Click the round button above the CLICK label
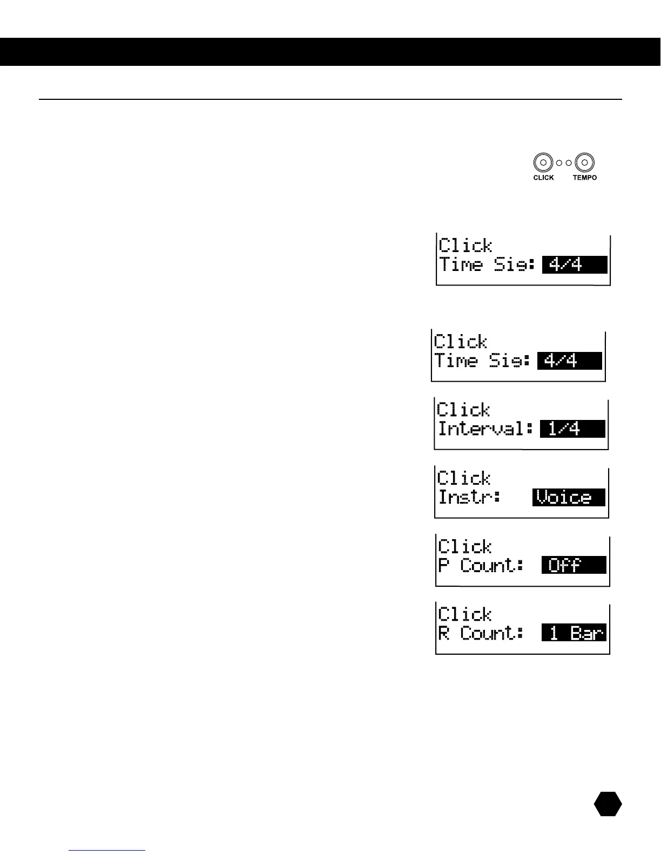point(543,162)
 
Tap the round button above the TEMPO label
point(585,162)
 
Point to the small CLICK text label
point(543,178)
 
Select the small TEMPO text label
point(585,178)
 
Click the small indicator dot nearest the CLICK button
point(559,162)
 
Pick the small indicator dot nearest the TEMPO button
point(569,162)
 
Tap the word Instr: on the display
point(469,497)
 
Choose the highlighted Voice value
point(569,497)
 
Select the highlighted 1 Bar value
point(574,633)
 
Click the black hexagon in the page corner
point(608,804)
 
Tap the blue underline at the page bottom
point(107,851)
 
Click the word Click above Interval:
point(463,410)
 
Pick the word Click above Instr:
point(464,478)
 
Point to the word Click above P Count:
point(464,547)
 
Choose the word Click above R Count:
point(464,614)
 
